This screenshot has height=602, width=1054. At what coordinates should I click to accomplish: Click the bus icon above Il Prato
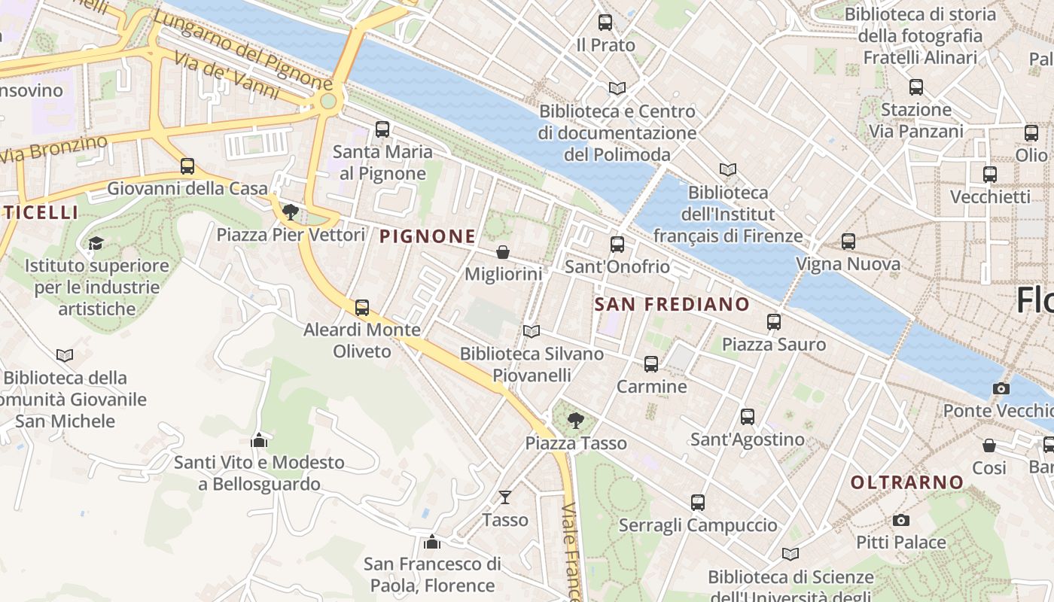(605, 23)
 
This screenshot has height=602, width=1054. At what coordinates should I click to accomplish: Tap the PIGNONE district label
(428, 236)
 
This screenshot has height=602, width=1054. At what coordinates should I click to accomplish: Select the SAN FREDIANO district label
(672, 304)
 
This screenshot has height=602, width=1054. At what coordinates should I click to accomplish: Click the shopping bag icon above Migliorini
(503, 252)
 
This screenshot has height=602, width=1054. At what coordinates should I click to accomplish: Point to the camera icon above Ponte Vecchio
(1001, 388)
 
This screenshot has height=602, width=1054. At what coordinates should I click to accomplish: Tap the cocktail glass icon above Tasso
(505, 497)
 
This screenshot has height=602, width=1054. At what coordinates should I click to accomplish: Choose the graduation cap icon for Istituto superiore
(96, 243)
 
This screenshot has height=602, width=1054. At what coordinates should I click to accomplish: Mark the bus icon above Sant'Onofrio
(617, 245)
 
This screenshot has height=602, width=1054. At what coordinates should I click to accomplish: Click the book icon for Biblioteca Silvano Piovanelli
(532, 331)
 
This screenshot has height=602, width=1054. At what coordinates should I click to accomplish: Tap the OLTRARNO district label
(907, 482)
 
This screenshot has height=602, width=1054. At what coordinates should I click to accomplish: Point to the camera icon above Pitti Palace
(900, 520)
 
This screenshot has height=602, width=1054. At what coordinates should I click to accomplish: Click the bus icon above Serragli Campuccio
(698, 502)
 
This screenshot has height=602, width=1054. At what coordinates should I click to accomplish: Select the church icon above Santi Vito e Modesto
(259, 439)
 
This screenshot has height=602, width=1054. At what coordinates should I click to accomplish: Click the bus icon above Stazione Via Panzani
(916, 87)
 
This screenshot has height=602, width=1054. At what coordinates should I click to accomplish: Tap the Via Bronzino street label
(53, 149)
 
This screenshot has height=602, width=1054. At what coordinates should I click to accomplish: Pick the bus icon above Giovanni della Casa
(187, 166)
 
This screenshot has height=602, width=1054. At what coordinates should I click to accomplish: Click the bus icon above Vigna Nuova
(848, 242)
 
